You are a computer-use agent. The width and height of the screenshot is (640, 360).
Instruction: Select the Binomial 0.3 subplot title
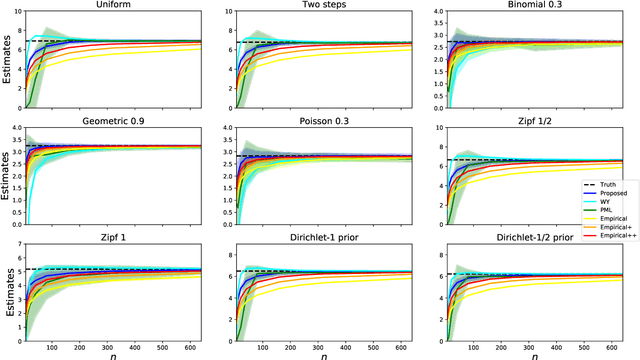coord(541,6)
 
